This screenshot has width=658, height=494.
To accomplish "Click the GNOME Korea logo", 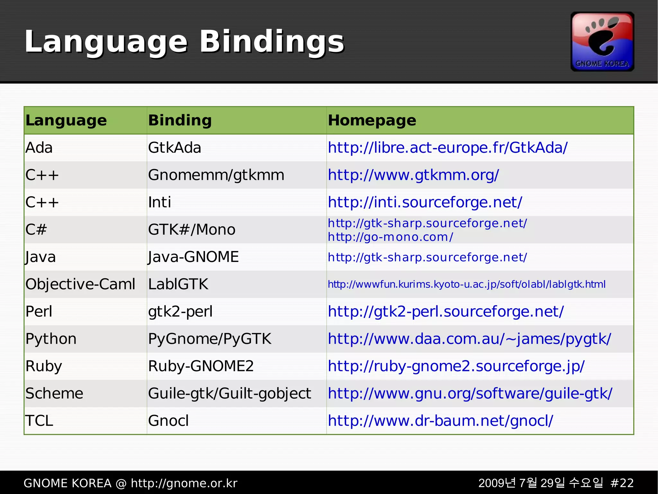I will pyautogui.click(x=602, y=42).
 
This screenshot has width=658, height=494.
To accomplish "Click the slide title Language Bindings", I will pyautogui.click(x=184, y=42).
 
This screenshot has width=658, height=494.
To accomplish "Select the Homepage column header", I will pyautogui.click(x=372, y=120).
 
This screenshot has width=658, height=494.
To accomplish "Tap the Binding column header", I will pyautogui.click(x=180, y=120).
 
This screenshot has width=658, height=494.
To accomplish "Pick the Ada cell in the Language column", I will pyautogui.click(x=39, y=148).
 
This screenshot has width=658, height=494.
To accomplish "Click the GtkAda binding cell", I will pyautogui.click(x=174, y=148).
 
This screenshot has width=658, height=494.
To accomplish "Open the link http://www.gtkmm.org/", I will pyautogui.click(x=413, y=175).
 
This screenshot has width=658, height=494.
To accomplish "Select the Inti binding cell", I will pyautogui.click(x=159, y=202).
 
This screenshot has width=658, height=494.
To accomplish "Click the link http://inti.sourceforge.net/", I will pyautogui.click(x=425, y=202).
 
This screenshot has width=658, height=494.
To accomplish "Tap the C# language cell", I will pyautogui.click(x=36, y=230).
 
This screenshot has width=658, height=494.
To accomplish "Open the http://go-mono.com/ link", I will pyautogui.click(x=390, y=237).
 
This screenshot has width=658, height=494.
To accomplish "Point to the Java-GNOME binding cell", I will pyautogui.click(x=193, y=257).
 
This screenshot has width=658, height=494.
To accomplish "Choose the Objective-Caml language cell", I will pyautogui.click(x=80, y=284).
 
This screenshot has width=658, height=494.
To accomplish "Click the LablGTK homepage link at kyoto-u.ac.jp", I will pyautogui.click(x=467, y=284).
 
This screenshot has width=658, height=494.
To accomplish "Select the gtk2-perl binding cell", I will pyautogui.click(x=180, y=312).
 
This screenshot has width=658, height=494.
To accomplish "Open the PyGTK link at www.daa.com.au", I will pyautogui.click(x=469, y=339).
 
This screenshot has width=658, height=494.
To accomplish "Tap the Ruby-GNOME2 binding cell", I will pyautogui.click(x=201, y=366).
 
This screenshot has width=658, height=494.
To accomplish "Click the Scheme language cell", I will pyautogui.click(x=54, y=394).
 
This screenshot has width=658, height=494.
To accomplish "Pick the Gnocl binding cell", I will pyautogui.click(x=168, y=421).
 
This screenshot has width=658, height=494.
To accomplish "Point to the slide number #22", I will pyautogui.click(x=622, y=483).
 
